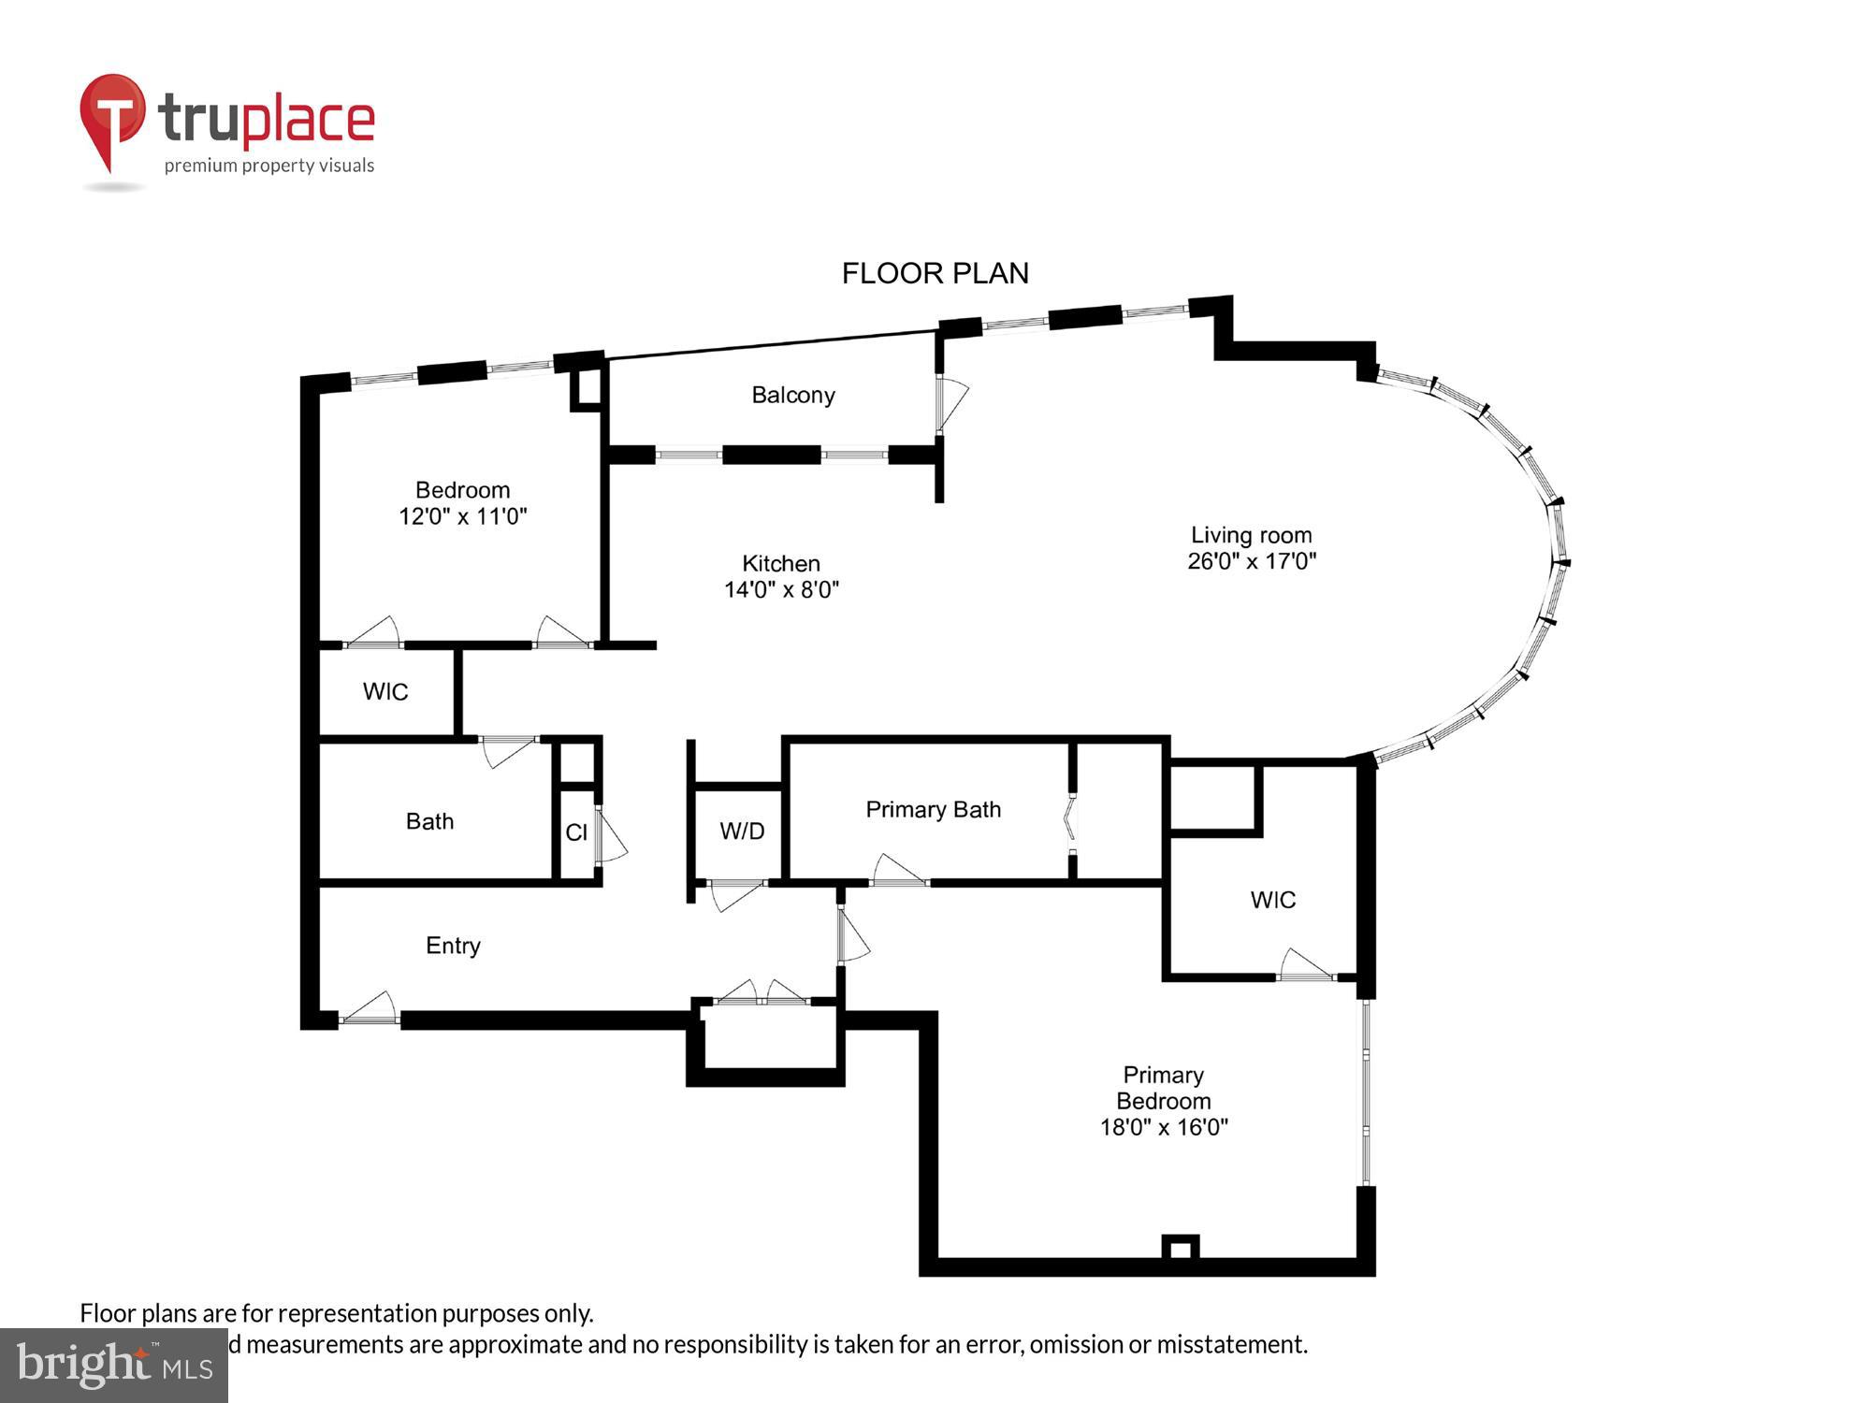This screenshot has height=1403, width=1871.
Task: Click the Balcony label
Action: click(792, 395)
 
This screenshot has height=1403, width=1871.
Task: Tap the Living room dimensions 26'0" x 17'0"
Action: click(1252, 561)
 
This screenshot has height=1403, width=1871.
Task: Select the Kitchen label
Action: click(780, 563)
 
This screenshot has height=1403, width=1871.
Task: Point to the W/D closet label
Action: click(742, 831)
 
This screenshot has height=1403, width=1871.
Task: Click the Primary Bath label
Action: click(933, 809)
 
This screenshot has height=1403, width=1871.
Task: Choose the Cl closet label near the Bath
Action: click(576, 832)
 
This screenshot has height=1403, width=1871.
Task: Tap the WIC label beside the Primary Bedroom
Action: click(1272, 900)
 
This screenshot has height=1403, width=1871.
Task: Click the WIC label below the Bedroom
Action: click(385, 691)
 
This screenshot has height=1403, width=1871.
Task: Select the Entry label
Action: click(453, 946)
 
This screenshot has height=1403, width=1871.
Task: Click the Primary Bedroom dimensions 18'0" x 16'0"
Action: click(1163, 1127)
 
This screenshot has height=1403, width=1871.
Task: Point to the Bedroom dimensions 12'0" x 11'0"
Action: click(463, 516)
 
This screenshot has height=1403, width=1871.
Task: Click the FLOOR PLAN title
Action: click(935, 273)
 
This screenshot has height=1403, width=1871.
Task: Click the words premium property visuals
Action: click(269, 166)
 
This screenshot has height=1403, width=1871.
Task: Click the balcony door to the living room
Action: click(950, 403)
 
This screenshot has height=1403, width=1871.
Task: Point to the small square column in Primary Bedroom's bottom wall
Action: click(1180, 1249)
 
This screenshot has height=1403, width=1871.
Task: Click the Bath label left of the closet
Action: click(429, 821)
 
